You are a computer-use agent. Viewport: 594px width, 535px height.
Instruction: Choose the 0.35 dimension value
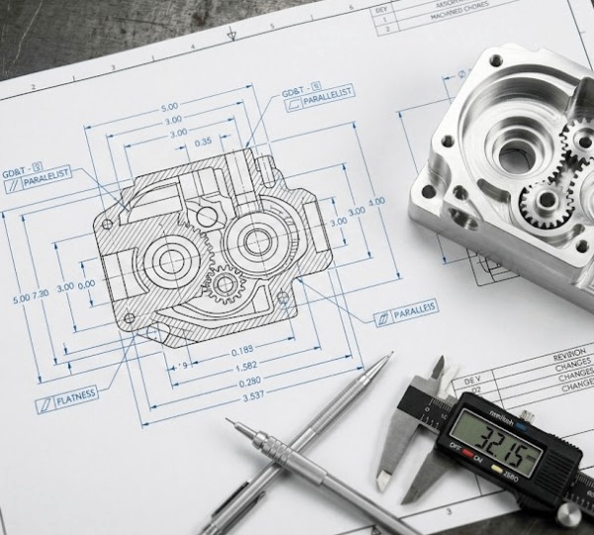pyautogui.click(x=203, y=143)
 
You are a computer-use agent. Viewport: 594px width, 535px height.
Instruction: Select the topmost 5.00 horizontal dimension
pyautogui.click(x=169, y=106)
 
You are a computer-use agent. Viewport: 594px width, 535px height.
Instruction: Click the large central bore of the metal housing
pyautogui.click(x=517, y=155)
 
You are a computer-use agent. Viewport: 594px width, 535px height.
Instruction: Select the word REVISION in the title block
pyautogui.click(x=572, y=353)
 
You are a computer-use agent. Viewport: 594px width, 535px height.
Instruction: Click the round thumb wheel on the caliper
pyautogui.click(x=568, y=512)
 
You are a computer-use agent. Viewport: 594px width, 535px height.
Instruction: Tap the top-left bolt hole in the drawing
pyautogui.click(x=108, y=224)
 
